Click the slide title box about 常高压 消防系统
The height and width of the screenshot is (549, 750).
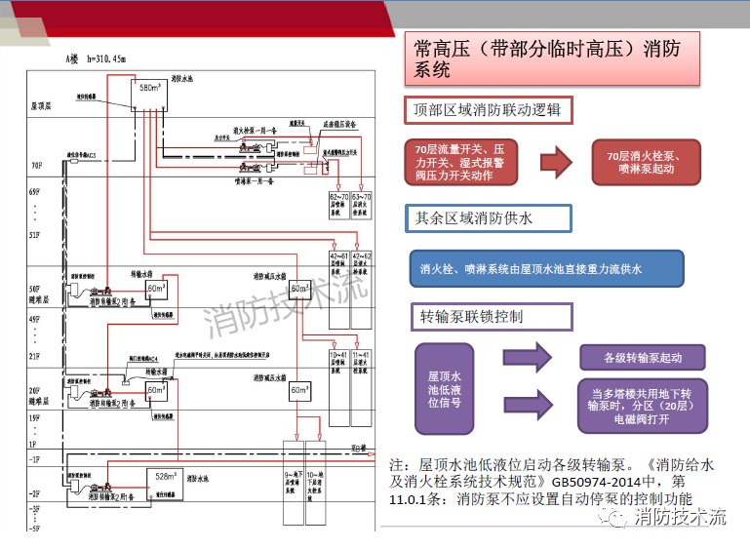pyautogui.click(x=552, y=59)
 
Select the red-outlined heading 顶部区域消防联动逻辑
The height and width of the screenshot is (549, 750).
pyautogui.click(x=488, y=110)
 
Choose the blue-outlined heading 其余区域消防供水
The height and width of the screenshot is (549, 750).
pyautogui.click(x=473, y=218)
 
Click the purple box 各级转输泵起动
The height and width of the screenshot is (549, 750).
pyautogui.click(x=642, y=358)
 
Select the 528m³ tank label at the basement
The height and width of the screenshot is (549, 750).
pyautogui.click(x=165, y=477)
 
